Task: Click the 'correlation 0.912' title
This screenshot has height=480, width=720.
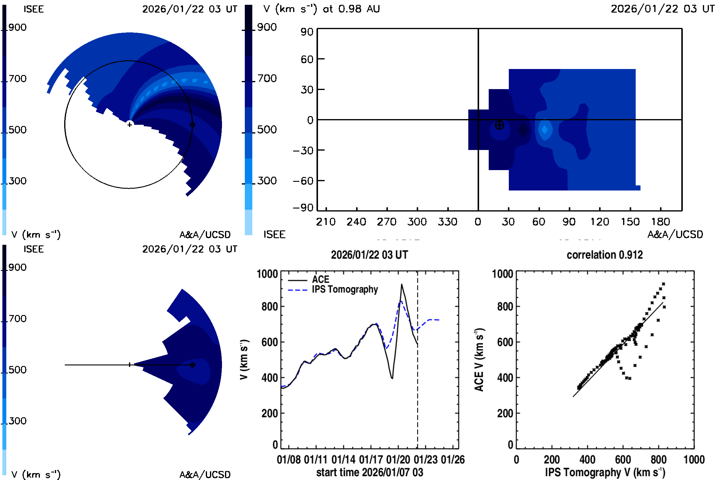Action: pos(604,255)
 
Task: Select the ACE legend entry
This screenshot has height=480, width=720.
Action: pos(320,280)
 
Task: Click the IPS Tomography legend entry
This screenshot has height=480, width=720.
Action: pos(345,289)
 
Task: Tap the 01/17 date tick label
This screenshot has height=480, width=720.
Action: pos(371,460)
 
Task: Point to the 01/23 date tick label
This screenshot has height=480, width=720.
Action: pos(425,460)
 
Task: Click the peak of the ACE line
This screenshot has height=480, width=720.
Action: pos(402,284)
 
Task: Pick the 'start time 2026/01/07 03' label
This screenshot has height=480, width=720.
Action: pos(370,472)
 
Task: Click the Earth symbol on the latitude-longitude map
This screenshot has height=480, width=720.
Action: pos(499,125)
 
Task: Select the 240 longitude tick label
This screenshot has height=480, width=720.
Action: pos(356,222)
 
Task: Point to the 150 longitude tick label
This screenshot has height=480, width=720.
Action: pos(630,222)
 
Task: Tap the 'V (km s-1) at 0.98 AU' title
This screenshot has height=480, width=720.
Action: pos(321,9)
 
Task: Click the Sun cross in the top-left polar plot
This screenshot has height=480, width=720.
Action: pos(130,124)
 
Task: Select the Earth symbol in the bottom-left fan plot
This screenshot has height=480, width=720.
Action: pos(192,365)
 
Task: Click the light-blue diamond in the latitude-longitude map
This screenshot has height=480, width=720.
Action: pos(544,130)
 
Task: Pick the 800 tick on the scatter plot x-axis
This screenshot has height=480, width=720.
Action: pos(658,460)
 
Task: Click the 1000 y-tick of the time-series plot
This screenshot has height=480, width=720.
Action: pos(267,274)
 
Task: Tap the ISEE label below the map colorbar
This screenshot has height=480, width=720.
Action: pos(274,235)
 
